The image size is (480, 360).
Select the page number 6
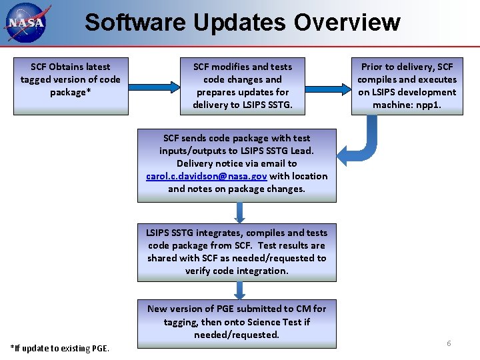coord(449,343)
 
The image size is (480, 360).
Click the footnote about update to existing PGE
coord(60,348)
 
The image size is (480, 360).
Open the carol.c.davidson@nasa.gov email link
coord(207,176)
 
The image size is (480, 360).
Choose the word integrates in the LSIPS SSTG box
coord(227,233)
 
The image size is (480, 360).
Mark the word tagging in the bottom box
coord(181,322)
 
